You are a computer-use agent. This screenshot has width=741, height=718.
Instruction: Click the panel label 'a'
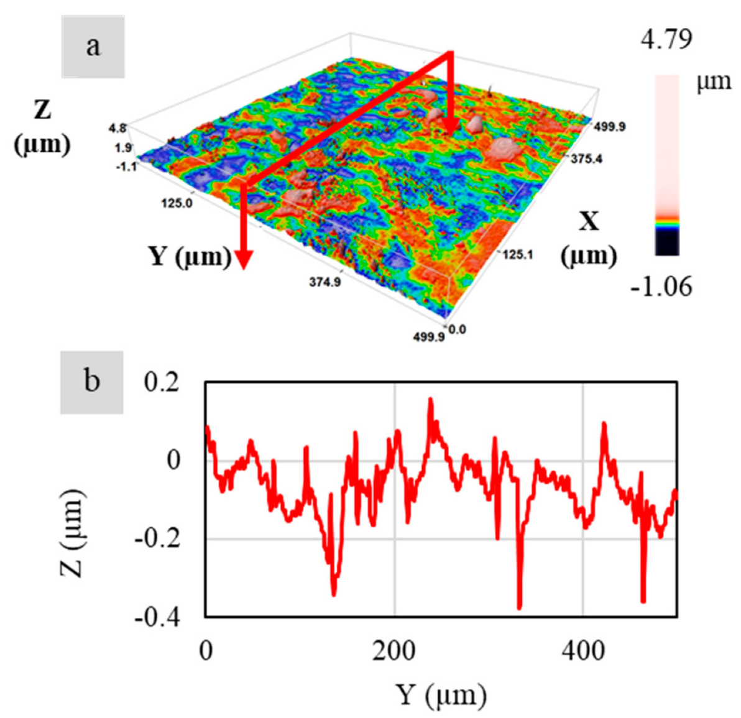coord(93,47)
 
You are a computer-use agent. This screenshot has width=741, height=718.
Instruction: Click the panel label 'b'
coord(91,381)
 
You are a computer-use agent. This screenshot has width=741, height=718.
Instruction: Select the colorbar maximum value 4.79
coord(666,39)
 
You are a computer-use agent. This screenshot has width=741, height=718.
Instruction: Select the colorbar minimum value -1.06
coord(661,287)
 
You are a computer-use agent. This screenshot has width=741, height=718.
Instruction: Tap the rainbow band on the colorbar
coord(667,220)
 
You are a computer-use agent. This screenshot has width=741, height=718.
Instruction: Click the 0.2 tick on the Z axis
coord(162,382)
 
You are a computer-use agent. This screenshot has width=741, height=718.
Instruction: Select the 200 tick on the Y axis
coord(394,650)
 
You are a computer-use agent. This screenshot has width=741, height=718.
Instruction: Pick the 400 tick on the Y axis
coord(582,650)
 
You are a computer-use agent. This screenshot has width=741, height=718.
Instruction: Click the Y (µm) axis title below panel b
coord(441,694)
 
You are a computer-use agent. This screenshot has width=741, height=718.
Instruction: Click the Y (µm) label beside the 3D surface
coord(189,255)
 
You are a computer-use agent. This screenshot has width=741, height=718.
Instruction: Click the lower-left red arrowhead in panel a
coord(244,260)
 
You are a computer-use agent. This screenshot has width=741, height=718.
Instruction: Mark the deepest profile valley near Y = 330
coord(519,607)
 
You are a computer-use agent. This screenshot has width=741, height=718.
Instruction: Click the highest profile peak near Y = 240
coord(430,399)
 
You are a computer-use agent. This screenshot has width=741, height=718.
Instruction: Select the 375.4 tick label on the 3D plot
coord(587,160)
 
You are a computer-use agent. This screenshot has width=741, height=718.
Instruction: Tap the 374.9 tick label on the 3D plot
coord(325,283)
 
